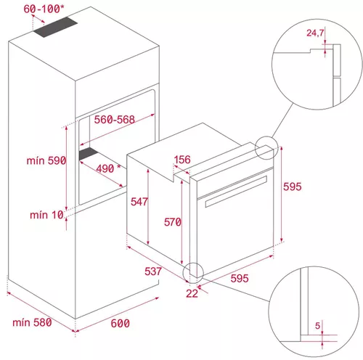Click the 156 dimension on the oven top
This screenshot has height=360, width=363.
[x=183, y=160]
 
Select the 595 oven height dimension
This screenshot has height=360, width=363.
[x=292, y=187]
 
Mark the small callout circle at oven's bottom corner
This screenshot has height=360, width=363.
[x=194, y=271]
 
